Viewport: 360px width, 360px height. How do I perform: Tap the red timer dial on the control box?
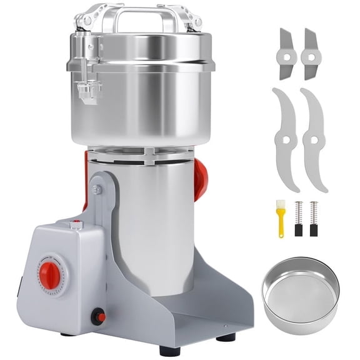pos(50,274)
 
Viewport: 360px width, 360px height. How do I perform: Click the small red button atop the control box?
pos(77,222)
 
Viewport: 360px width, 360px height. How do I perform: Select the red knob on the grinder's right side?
pos(200,177)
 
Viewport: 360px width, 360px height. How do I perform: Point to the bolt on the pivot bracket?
pos(97,189)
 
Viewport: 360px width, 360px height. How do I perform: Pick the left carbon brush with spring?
pos(297,219)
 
